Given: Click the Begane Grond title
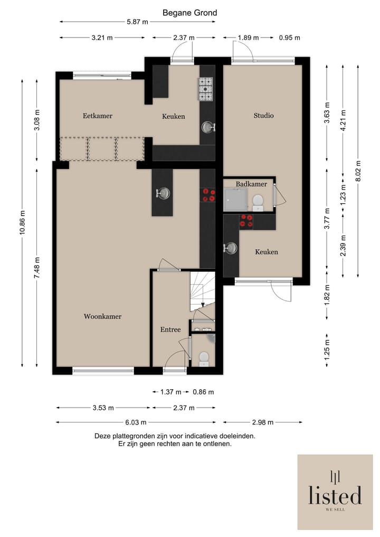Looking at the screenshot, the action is coord(189,13).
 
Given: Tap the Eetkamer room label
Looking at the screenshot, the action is coord(98,116).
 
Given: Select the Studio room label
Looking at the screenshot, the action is coord(263,116).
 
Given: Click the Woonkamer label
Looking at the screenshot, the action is coord(103,316).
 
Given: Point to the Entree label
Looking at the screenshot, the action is coord(170,329).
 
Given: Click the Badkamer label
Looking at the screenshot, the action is coord(251,184).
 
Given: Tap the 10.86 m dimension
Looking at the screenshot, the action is coord(22,223).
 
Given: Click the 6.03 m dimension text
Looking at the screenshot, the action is coord(136,422).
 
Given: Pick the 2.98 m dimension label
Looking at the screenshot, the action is coord(263,422).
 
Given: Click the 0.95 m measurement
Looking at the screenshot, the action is coord(290,37).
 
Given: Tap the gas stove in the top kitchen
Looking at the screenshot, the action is coord(205,89).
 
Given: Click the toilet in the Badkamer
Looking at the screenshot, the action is coord(258,202).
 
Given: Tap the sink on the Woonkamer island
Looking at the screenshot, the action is coord(163,193).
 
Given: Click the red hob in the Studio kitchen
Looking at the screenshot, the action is coord(246,221).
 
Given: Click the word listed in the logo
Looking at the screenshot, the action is coord(335,495).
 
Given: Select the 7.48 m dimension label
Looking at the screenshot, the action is coord(37,268).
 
